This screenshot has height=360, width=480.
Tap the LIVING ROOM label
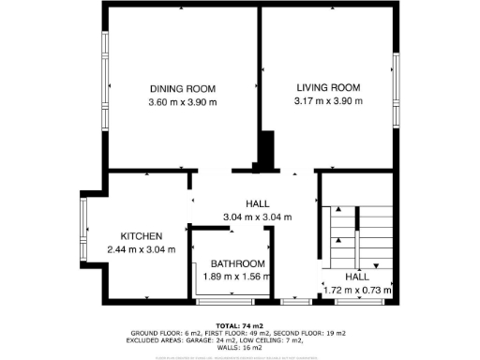pos(327,87)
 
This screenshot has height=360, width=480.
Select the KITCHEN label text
pos(142,235)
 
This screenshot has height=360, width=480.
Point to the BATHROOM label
pos(237,263)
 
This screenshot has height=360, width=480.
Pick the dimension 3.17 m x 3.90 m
pos(327,101)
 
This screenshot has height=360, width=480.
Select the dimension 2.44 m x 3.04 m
pos(142,249)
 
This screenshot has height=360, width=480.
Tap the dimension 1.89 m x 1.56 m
pos(237,277)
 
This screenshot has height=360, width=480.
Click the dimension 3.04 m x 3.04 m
pos(257,217)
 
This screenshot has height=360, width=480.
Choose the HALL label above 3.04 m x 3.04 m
pos(258,203)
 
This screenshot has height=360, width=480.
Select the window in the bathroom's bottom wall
pos(225,302)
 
